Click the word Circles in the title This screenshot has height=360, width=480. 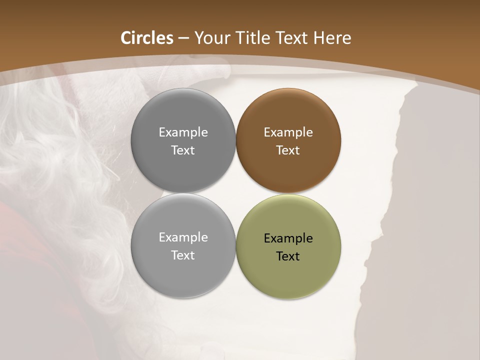(x=147, y=38)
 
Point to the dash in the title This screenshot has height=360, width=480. (x=183, y=38)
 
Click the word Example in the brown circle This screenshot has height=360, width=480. (x=288, y=132)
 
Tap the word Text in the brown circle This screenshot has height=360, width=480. (x=288, y=150)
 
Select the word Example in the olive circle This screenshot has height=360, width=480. (x=288, y=238)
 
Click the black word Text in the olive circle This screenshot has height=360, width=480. (x=288, y=256)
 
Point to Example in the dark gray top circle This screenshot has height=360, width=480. (x=183, y=132)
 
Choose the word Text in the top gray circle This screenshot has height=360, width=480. (x=183, y=150)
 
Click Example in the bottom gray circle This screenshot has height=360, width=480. (x=183, y=237)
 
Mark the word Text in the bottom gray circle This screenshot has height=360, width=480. (x=183, y=255)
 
